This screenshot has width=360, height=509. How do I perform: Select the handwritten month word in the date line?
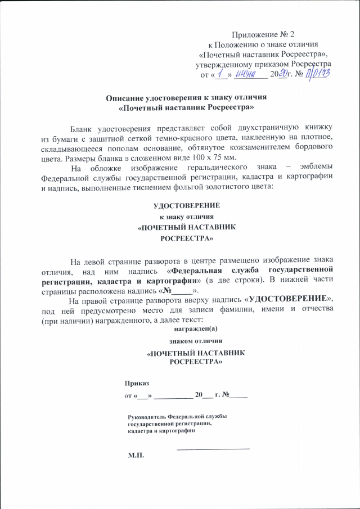pos(247,74)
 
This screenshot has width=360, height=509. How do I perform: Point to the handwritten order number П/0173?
pos(317,74)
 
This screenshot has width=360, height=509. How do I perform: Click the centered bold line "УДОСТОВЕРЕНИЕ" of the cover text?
pos(187,206)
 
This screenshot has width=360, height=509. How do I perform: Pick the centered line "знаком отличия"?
pos(187,341)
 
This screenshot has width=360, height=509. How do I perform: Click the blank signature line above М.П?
pos(213,448)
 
